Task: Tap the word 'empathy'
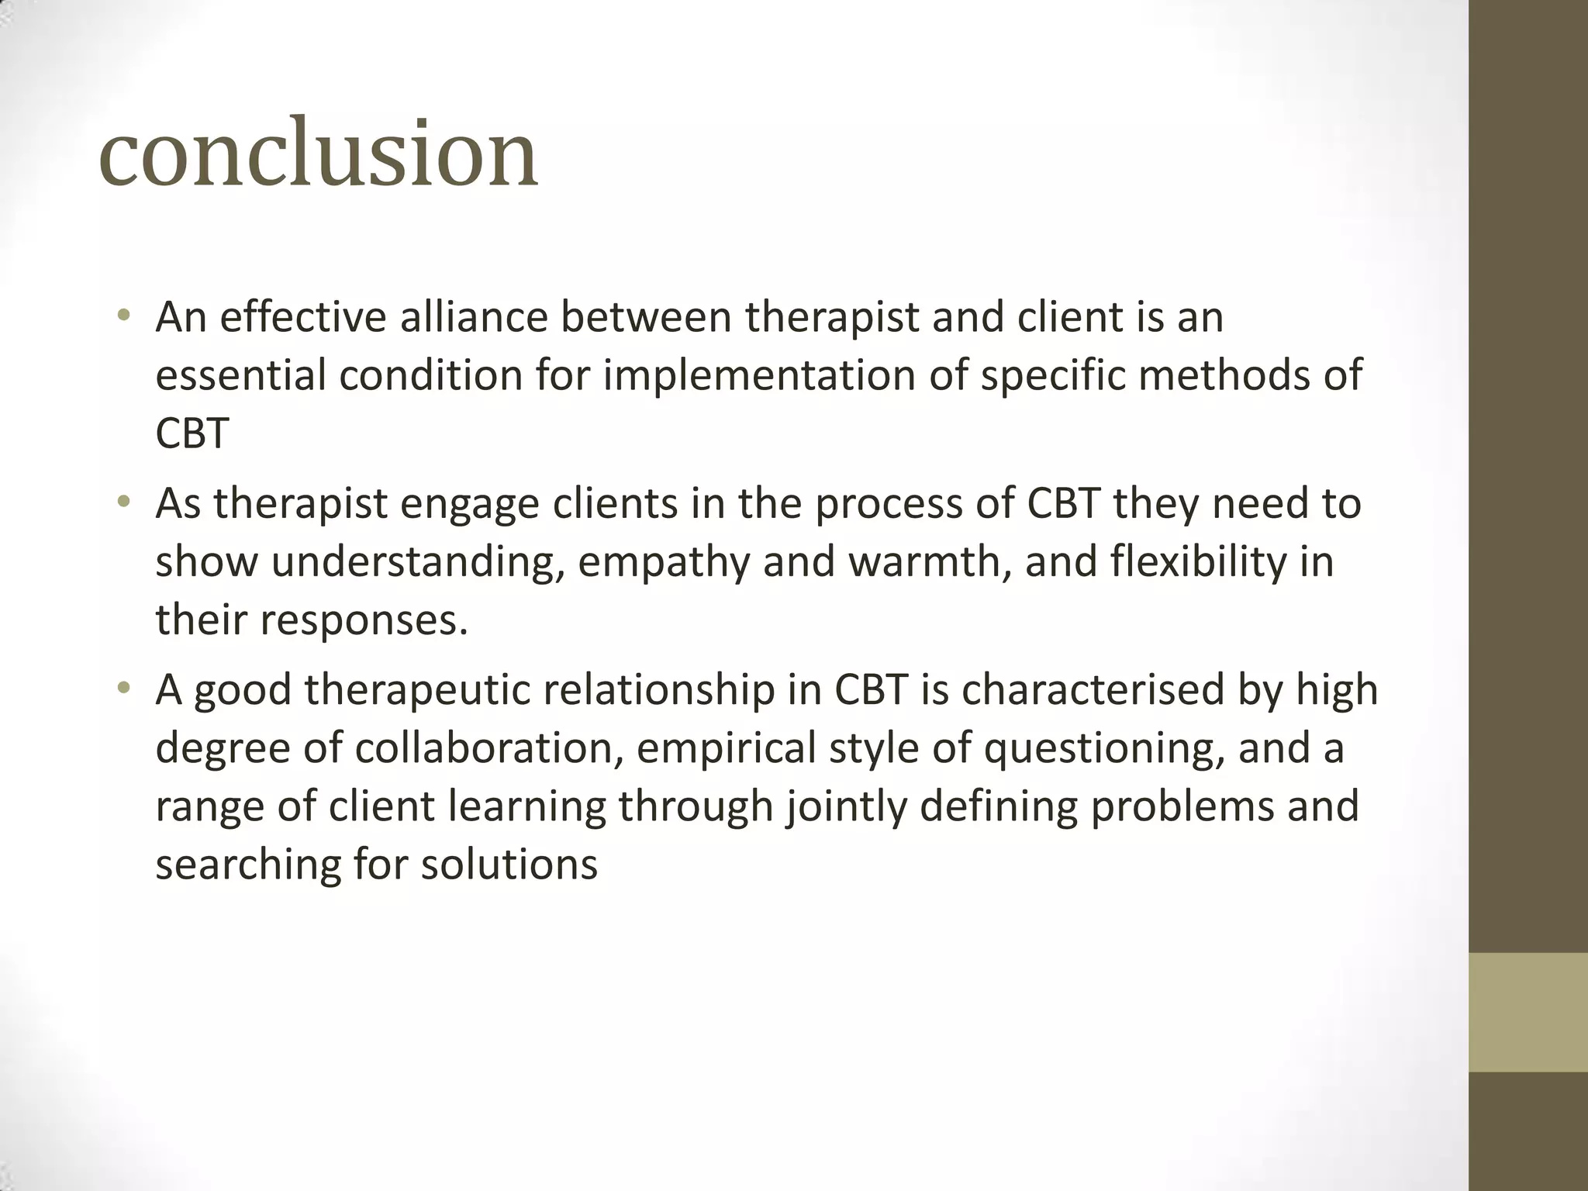(x=663, y=562)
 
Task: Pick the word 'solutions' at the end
(x=509, y=865)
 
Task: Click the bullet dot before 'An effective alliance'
(x=123, y=316)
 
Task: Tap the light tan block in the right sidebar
(x=1528, y=1012)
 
